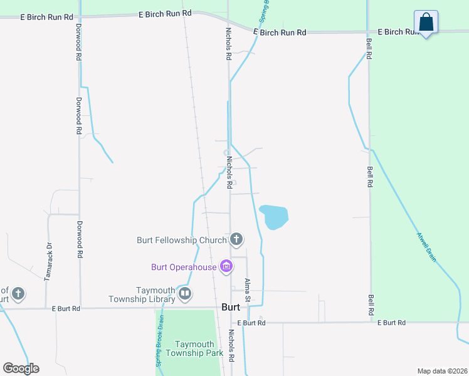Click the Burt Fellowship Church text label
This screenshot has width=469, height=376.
pyautogui.click(x=182, y=240)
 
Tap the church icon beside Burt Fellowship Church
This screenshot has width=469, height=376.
pyautogui.click(x=236, y=239)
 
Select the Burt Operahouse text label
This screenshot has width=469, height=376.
pyautogui.click(x=184, y=267)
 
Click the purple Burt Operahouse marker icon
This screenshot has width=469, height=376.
pyautogui.click(x=226, y=267)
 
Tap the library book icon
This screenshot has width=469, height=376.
pyautogui.click(x=185, y=293)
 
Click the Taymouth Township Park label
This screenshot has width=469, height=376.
pyautogui.click(x=190, y=348)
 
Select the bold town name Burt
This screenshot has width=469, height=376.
pyautogui.click(x=231, y=307)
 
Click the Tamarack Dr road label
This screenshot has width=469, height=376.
pyautogui.click(x=47, y=261)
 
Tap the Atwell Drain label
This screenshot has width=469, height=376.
pyautogui.click(x=426, y=246)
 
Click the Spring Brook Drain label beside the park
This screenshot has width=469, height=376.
pyautogui.click(x=159, y=345)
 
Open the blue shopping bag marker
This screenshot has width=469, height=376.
pyautogui.click(x=426, y=22)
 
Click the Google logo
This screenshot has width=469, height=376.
pyautogui.click(x=21, y=368)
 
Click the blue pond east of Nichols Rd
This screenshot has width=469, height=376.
pyautogui.click(x=274, y=217)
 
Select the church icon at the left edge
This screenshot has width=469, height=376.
pyautogui.click(x=19, y=293)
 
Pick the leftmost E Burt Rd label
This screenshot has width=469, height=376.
pyautogui.click(x=66, y=309)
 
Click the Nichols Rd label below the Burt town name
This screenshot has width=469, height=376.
pyautogui.click(x=231, y=346)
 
